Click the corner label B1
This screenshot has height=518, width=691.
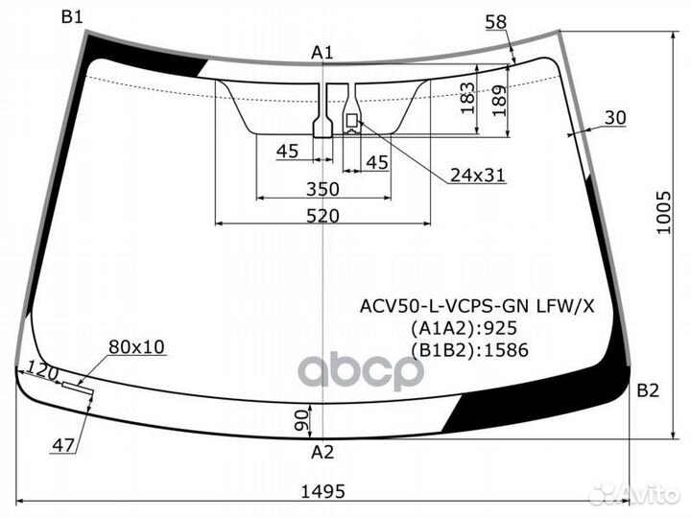[x=72, y=17]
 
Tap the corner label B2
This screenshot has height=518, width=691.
[x=648, y=390]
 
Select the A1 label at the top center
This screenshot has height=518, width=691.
[x=322, y=53]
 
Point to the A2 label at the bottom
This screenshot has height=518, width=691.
[x=322, y=452]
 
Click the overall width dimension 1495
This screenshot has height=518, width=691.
[x=323, y=491]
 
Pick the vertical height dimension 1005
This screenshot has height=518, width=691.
[x=664, y=212]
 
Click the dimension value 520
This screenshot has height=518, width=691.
[x=323, y=216]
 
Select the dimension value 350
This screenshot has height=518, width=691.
[x=323, y=189]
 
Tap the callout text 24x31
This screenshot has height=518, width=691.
[x=478, y=176]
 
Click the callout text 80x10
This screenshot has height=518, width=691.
[x=136, y=346]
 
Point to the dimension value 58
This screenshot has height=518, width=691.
[x=496, y=22]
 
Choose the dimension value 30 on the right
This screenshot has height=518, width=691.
[x=615, y=118]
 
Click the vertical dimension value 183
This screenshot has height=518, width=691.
[x=467, y=98]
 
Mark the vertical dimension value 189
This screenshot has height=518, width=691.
[x=499, y=101]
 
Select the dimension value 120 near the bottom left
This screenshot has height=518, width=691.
[x=42, y=371]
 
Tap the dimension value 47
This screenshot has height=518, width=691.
[x=63, y=445]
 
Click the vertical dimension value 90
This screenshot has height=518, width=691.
[x=301, y=420]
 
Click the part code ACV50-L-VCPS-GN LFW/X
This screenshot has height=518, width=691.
[x=477, y=305]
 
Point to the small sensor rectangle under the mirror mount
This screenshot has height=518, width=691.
[x=351, y=120]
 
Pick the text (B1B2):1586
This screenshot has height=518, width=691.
[x=469, y=350]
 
